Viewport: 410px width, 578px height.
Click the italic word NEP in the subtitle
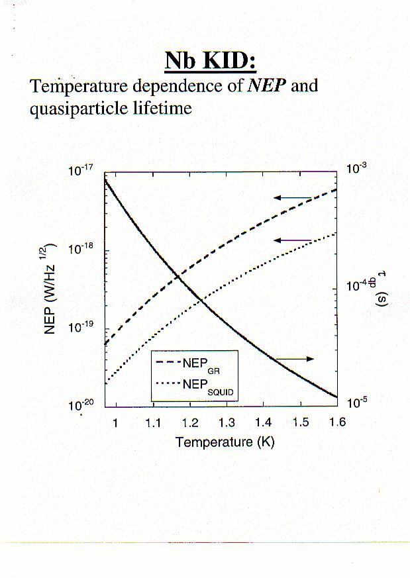click(266, 86)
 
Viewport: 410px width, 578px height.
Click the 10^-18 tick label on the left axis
click(83, 250)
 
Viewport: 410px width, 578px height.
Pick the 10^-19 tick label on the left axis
click(83, 328)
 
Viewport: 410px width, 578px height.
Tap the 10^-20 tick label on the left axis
click(83, 406)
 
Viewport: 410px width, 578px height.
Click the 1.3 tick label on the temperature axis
click(227, 423)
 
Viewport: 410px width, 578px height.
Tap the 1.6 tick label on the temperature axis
click(337, 423)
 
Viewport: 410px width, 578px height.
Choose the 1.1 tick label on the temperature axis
click(152, 423)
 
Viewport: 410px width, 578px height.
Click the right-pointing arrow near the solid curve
click(294, 359)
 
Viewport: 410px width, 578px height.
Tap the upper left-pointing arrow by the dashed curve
click(293, 197)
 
